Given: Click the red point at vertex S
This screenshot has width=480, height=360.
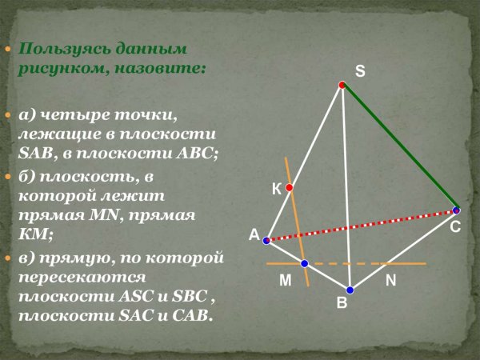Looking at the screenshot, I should tap(342, 85).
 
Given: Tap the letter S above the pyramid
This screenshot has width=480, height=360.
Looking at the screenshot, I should tap(360, 71).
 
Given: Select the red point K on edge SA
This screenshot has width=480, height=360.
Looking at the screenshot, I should tap(290, 188).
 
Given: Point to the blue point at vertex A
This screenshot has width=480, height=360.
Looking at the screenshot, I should tap(266, 240).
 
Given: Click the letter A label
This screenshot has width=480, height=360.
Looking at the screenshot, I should tap(254, 235).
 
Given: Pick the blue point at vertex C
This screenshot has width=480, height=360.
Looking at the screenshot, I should tap(456, 210).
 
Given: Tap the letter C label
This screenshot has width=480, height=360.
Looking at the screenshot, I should tap(454, 228).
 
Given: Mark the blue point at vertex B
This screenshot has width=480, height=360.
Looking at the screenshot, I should tap(350, 290).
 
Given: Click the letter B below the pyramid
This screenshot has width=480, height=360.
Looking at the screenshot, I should tap(342, 304).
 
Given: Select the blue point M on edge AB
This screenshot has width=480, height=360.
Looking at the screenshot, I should tap(305, 263).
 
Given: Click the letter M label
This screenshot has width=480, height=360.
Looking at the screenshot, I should tap(286, 281).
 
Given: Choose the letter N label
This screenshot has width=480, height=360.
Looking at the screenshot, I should tap(390, 281).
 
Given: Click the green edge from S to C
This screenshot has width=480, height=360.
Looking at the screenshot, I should tap(400, 148).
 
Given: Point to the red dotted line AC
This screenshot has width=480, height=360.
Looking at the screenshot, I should tap(360, 226).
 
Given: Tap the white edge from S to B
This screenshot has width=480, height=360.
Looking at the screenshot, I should tap(346, 188).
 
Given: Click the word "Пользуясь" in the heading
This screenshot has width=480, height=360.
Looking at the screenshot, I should tap(58, 50).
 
